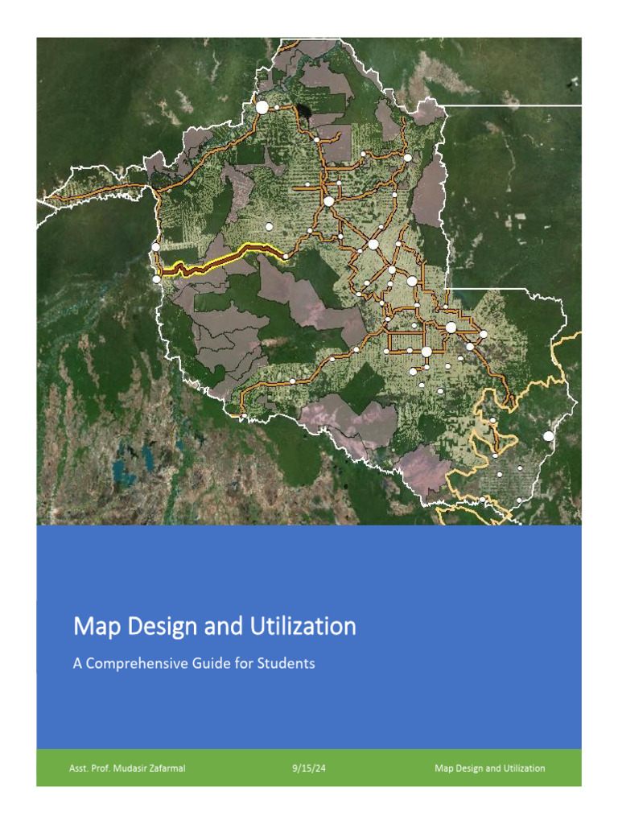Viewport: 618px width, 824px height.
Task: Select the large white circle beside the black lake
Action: [262, 107]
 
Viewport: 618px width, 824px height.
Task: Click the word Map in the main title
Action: [93, 627]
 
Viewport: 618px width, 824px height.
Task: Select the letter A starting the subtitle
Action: [78, 665]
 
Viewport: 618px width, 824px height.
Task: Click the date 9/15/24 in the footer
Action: [309, 768]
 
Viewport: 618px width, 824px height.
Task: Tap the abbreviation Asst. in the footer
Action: [79, 768]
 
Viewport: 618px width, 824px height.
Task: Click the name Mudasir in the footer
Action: [134, 768]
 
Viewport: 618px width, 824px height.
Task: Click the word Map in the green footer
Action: [443, 768]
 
